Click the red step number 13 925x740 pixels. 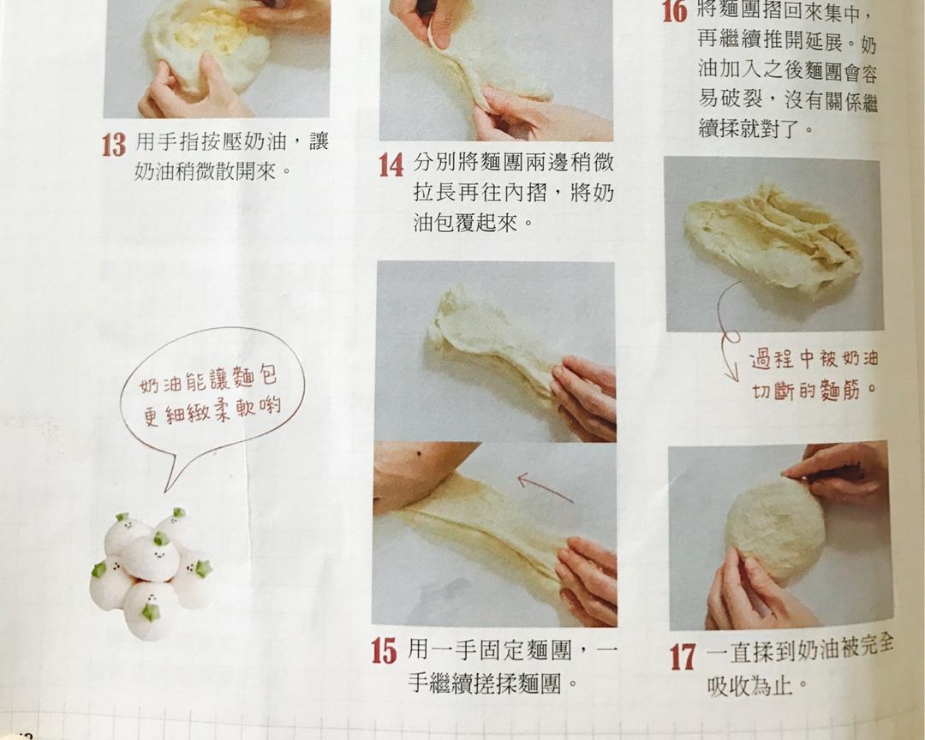(x=114, y=145)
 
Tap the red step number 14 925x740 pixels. (x=391, y=164)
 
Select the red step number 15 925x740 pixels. (x=385, y=651)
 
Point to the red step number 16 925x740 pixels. (x=675, y=11)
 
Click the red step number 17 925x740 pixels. (x=683, y=658)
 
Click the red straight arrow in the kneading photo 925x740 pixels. (x=546, y=488)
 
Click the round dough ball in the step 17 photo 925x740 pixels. (x=775, y=528)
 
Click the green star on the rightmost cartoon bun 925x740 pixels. (x=204, y=569)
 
